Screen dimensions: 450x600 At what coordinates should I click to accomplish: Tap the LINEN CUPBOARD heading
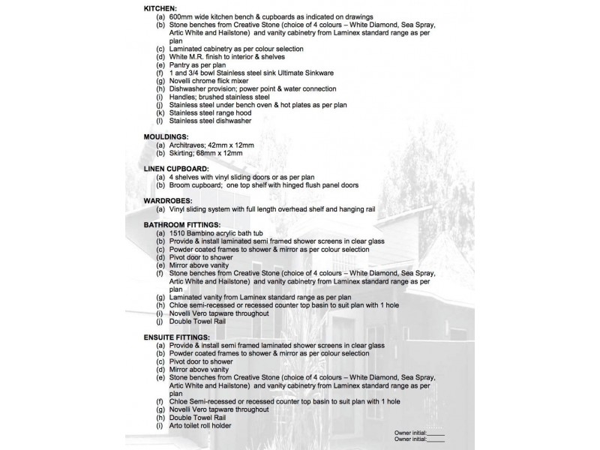[177, 169]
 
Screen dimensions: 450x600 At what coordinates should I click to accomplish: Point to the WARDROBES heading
[169, 201]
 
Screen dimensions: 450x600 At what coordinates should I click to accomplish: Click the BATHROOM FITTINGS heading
[182, 224]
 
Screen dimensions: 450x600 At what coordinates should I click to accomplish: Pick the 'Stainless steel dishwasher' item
[210, 121]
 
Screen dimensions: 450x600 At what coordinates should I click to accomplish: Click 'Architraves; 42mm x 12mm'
[211, 145]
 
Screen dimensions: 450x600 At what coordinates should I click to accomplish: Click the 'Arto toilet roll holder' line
[200, 426]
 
